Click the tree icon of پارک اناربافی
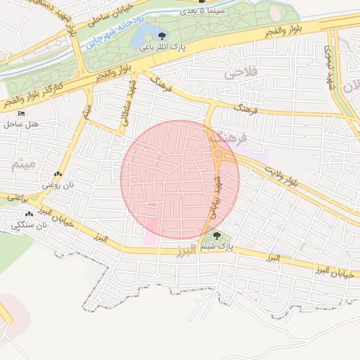tap(163, 35)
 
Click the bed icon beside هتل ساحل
tap(21, 112)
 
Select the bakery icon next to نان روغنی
tap(57, 174)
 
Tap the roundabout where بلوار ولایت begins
tap(219, 153)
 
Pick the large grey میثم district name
tap(13, 164)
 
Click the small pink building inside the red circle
tap(151, 227)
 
